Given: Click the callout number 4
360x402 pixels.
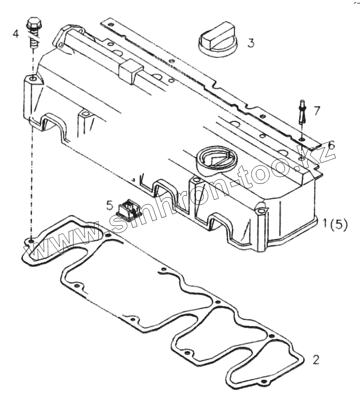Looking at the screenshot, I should [15, 33].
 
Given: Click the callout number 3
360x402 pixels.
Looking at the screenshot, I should [250, 43].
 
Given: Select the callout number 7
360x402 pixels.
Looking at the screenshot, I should [316, 110].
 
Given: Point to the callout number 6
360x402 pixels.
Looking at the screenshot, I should [331, 145].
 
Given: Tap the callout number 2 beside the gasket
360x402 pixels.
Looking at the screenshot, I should [316, 359].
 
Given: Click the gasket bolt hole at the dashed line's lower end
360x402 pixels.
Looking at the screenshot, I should [32, 241].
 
